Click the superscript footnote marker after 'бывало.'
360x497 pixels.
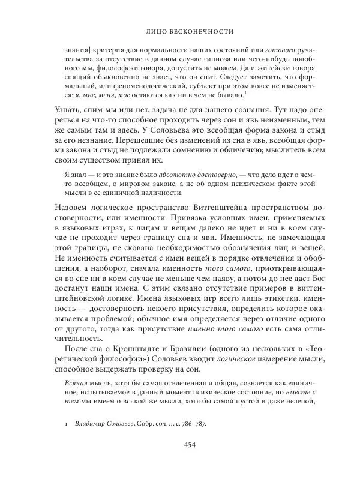pyautogui.click(x=248, y=91)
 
